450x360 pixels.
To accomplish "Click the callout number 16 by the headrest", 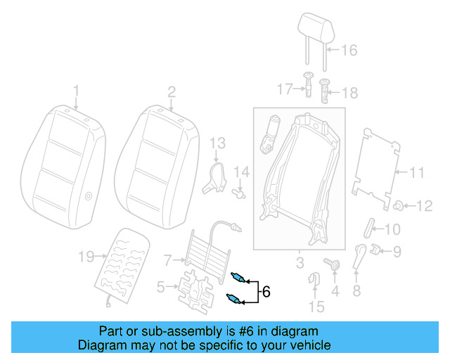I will pos(349,50).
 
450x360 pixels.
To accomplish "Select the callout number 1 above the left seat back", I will pos(77,91).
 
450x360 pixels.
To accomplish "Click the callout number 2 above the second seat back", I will pos(171,91).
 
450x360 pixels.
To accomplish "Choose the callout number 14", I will pos(241,172).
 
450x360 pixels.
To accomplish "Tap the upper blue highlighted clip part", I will pos(238,276).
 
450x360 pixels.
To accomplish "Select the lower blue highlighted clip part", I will pos(236,300).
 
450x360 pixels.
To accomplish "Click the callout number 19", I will pos(85,257).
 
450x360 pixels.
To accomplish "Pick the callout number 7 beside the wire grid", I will pos(167,260).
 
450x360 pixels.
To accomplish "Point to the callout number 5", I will pos(161,286).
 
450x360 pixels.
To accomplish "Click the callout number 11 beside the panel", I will pos(418,172).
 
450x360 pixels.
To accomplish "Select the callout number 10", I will pos(392,229).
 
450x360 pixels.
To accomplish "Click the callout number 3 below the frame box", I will pos(299,264).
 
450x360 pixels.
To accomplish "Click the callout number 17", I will pos(284,89).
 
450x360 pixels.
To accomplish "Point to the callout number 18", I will pos(349,93).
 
